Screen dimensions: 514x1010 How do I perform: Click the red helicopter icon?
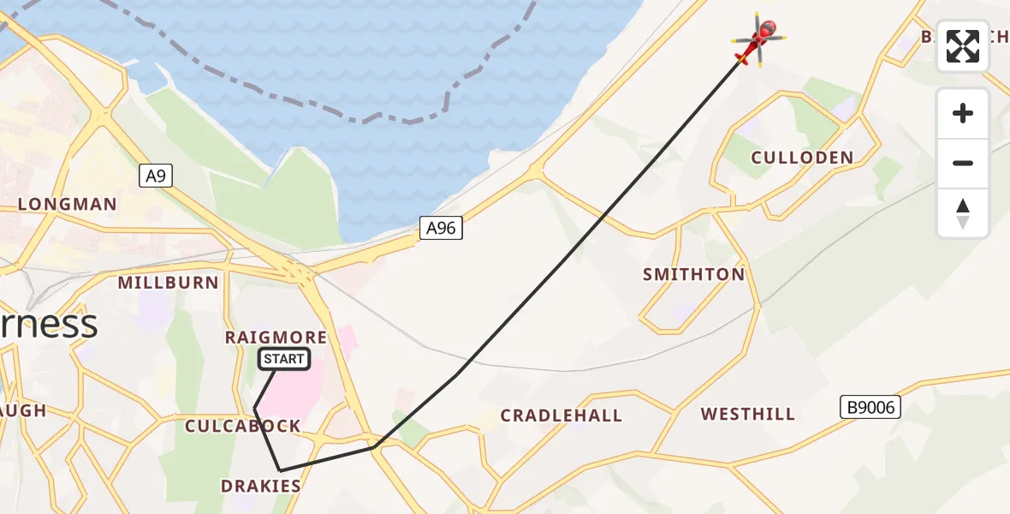pyautogui.click(x=758, y=40)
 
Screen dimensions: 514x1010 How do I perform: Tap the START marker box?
pyautogui.click(x=283, y=359)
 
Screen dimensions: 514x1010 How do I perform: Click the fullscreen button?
pyautogui.click(x=963, y=46)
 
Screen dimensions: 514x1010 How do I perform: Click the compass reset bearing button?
pyautogui.click(x=963, y=213)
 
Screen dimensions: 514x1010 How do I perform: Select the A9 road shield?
pyautogui.click(x=154, y=176)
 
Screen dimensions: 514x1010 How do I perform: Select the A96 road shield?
pyautogui.click(x=442, y=228)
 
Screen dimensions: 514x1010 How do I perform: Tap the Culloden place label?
pyautogui.click(x=802, y=158)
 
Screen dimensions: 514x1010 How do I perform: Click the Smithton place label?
pyautogui.click(x=693, y=275)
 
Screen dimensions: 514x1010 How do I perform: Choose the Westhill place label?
pyautogui.click(x=747, y=415)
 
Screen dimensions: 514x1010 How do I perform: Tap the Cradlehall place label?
pyautogui.click(x=561, y=416)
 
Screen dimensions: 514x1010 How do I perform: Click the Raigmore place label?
pyautogui.click(x=276, y=338)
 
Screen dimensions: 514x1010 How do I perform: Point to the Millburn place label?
pyautogui.click(x=169, y=283)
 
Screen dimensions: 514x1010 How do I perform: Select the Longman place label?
pyautogui.click(x=67, y=205)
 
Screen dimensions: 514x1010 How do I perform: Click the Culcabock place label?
pyautogui.click(x=243, y=427)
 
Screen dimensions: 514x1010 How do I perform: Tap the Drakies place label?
pyautogui.click(x=261, y=487)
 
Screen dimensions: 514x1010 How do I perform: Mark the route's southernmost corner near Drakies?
pyautogui.click(x=280, y=470)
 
